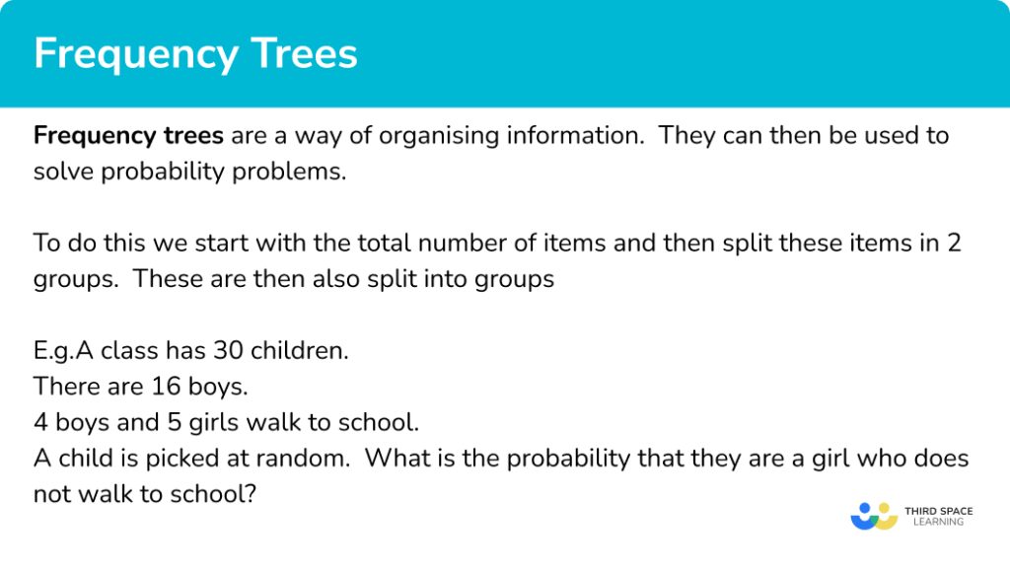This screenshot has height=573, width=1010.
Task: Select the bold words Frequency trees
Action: [x=128, y=135]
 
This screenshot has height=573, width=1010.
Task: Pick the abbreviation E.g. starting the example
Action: [x=53, y=351]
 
